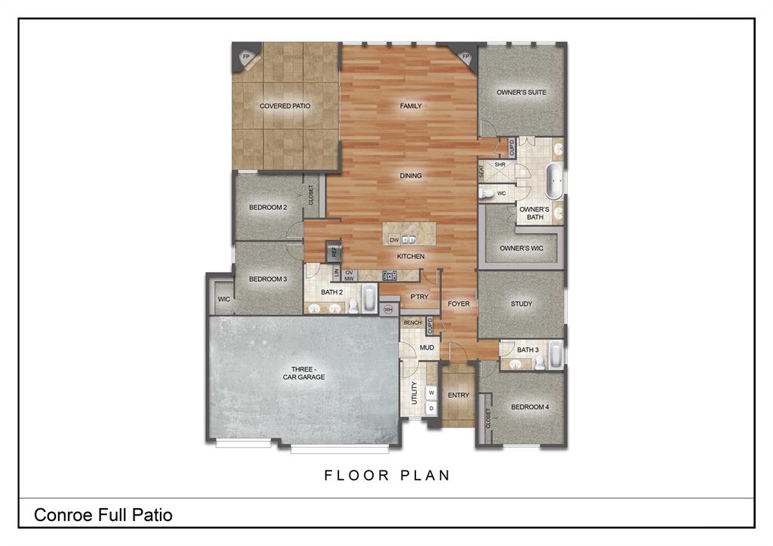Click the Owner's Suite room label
click(521, 92)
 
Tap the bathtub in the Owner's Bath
click(555, 180)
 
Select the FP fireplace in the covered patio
click(246, 57)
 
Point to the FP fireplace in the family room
click(465, 57)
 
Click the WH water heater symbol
click(388, 310)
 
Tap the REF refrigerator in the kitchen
click(334, 251)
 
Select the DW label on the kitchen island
click(394, 240)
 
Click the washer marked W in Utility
click(431, 393)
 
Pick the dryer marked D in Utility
click(431, 409)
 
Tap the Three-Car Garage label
click(303, 373)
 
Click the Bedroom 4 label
click(530, 407)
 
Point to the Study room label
click(521, 304)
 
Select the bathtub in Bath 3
click(556, 354)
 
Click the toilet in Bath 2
click(353, 306)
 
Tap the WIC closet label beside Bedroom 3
click(223, 299)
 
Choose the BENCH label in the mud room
click(413, 322)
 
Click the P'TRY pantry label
click(420, 297)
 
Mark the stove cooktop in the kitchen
click(390, 276)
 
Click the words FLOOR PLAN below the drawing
click(387, 476)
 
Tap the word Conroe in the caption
click(63, 515)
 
